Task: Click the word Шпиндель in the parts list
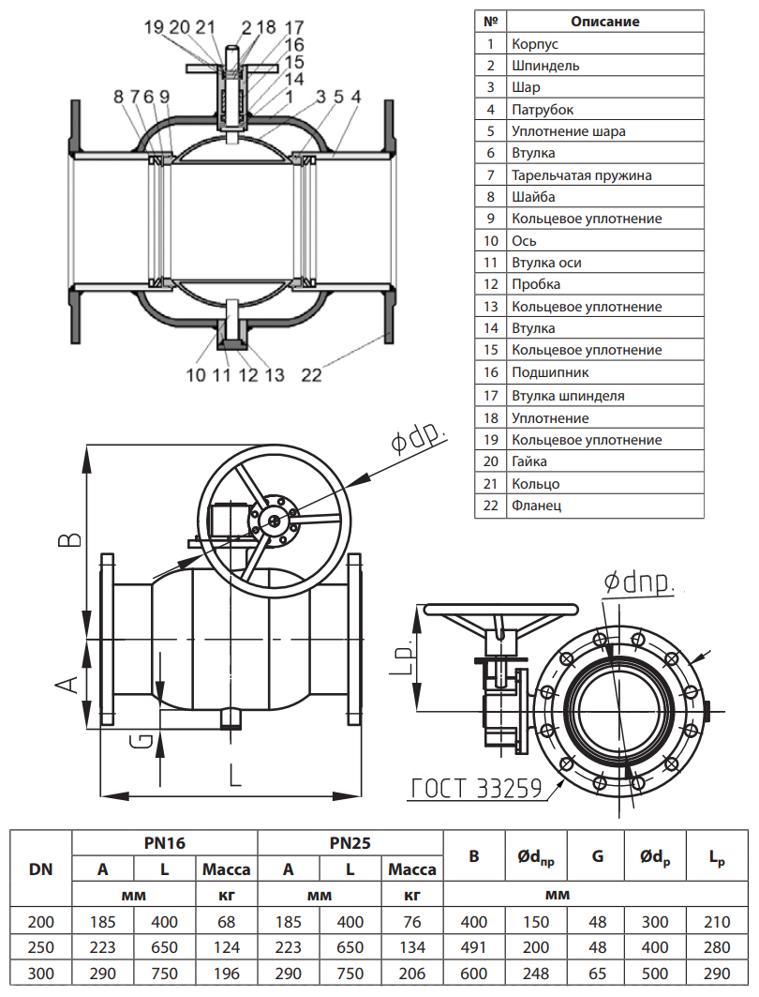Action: click(545, 66)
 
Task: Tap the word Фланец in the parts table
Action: click(537, 506)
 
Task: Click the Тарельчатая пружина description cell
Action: click(581, 175)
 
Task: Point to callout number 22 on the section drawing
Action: click(312, 375)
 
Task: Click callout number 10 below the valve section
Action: click(195, 375)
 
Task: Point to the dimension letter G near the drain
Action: click(140, 740)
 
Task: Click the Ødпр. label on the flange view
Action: click(640, 583)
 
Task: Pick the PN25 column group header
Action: click(350, 843)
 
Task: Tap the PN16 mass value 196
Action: click(226, 974)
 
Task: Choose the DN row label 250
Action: click(40, 948)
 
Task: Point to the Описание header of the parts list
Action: click(604, 22)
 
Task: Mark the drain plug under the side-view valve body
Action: click(231, 719)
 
